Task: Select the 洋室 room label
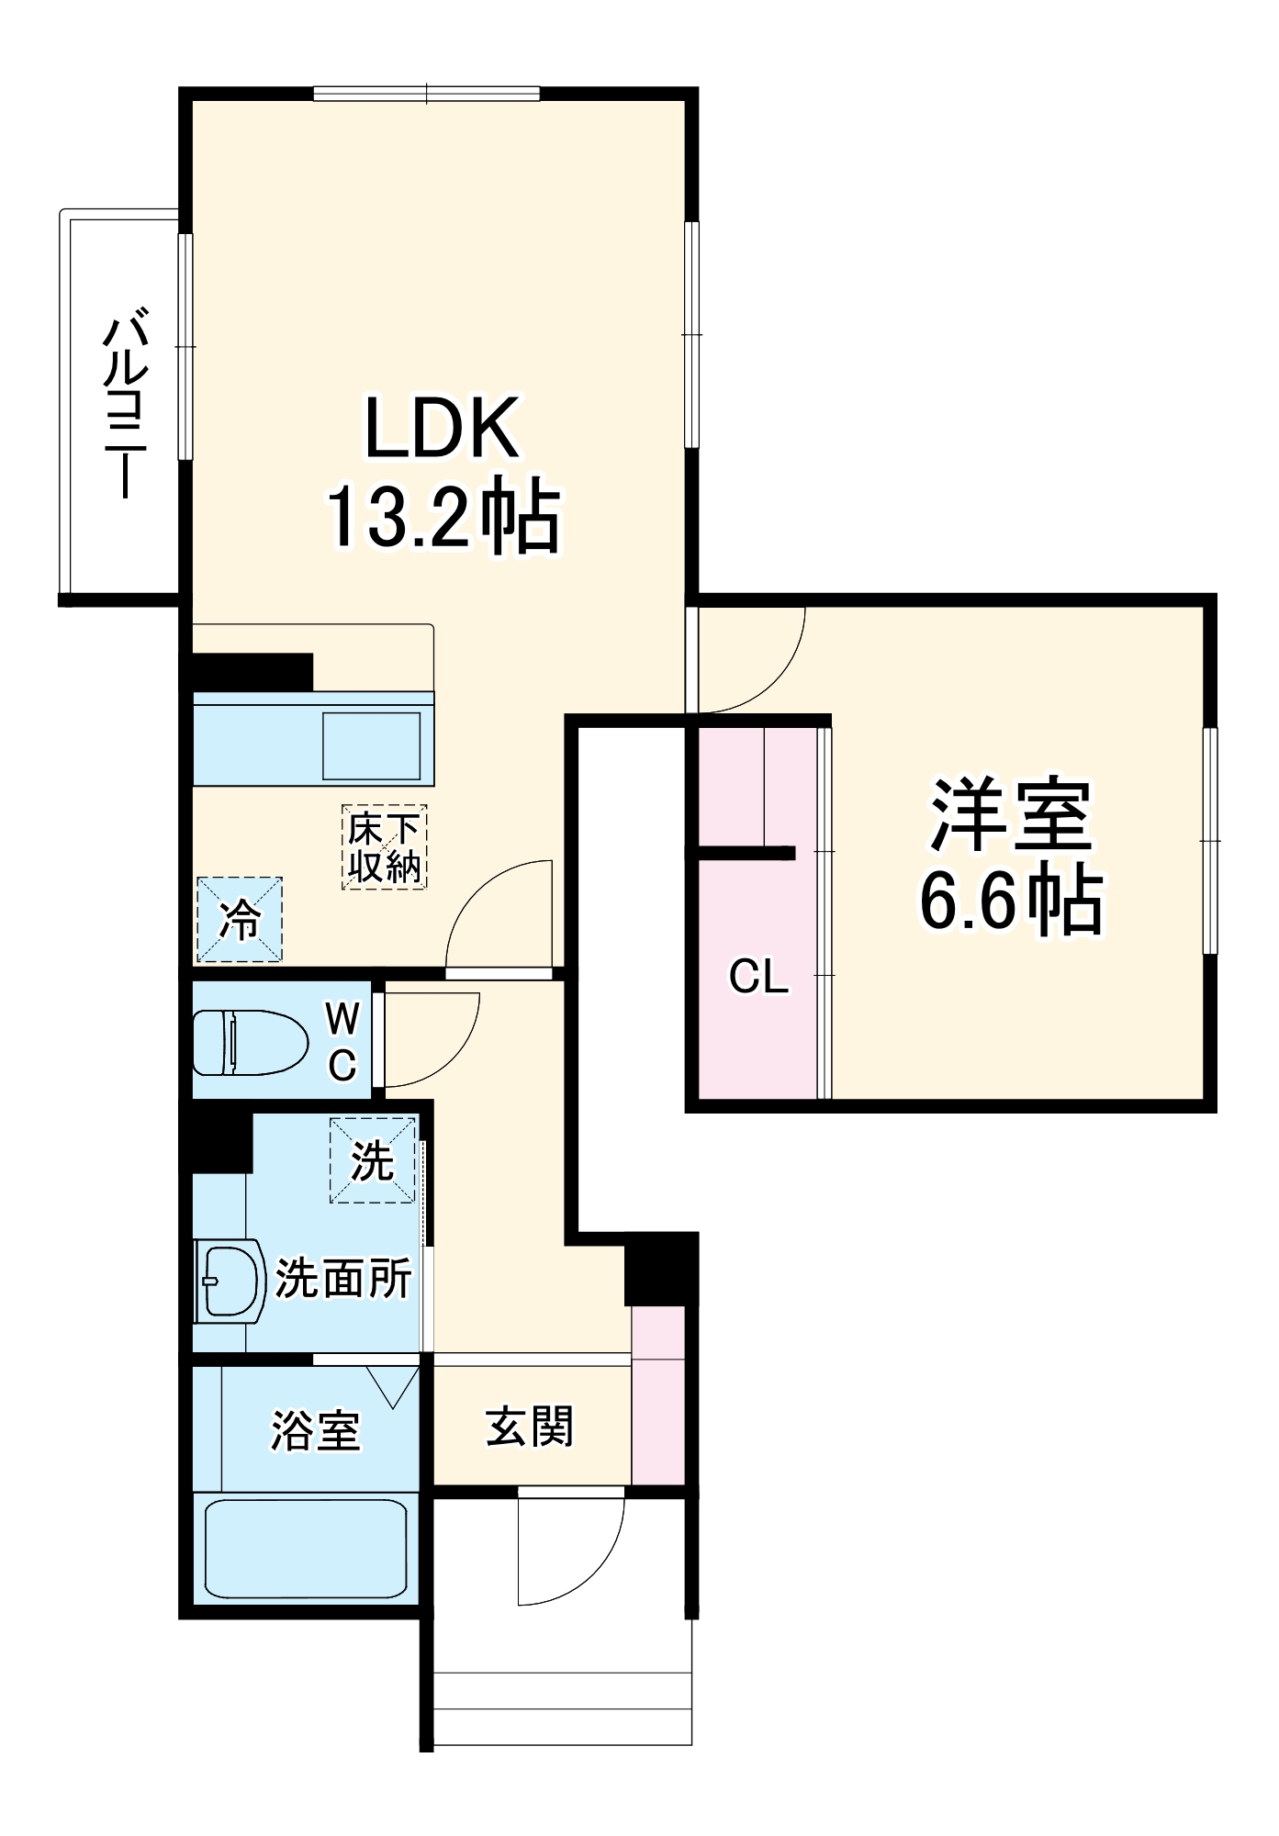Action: [x=1011, y=814]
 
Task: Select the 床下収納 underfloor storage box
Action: [x=385, y=847]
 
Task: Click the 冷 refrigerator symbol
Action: [x=240, y=919]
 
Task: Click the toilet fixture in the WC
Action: [x=248, y=1042]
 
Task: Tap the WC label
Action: [x=342, y=1041]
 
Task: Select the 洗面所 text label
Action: [x=343, y=1277]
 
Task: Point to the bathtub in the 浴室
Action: [x=305, y=1549]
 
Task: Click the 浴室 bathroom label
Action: [x=315, y=1429]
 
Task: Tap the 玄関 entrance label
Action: [x=530, y=1427]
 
